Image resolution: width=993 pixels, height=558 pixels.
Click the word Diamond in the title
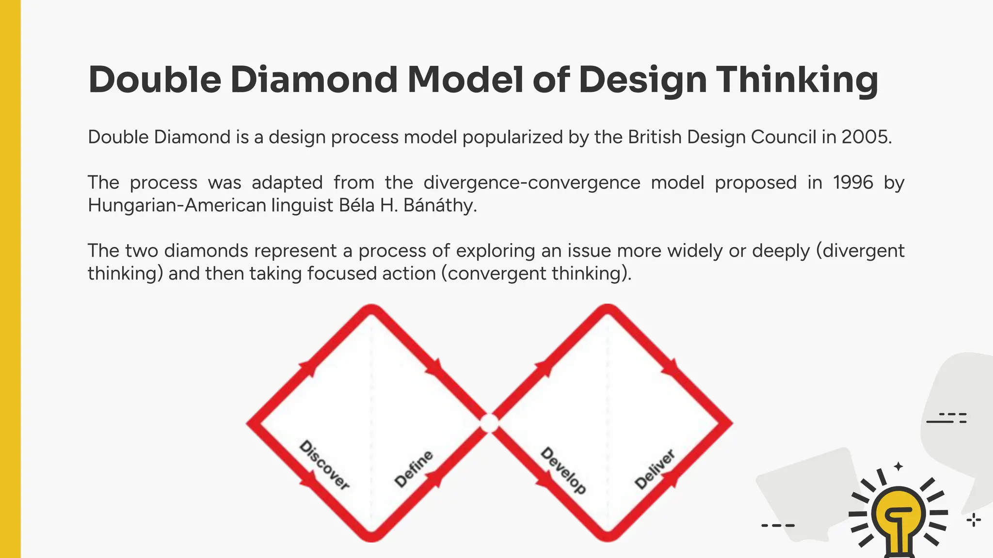pos(313,79)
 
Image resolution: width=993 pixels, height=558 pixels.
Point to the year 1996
pos(853,183)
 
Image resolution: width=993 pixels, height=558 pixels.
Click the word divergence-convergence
pos(531,183)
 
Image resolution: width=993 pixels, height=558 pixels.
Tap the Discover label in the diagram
pos(324,465)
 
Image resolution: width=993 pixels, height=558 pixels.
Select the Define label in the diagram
pos(414,468)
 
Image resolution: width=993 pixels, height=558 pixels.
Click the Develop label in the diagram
pos(563,470)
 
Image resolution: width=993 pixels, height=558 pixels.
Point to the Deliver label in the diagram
pos(655,469)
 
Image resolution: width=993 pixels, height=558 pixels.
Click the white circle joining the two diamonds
pos(489,423)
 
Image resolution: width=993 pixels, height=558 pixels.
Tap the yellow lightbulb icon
pos(898,518)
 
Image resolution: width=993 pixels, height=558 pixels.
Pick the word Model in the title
pos(465,79)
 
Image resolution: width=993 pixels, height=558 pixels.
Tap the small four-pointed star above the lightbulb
pos(898,466)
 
